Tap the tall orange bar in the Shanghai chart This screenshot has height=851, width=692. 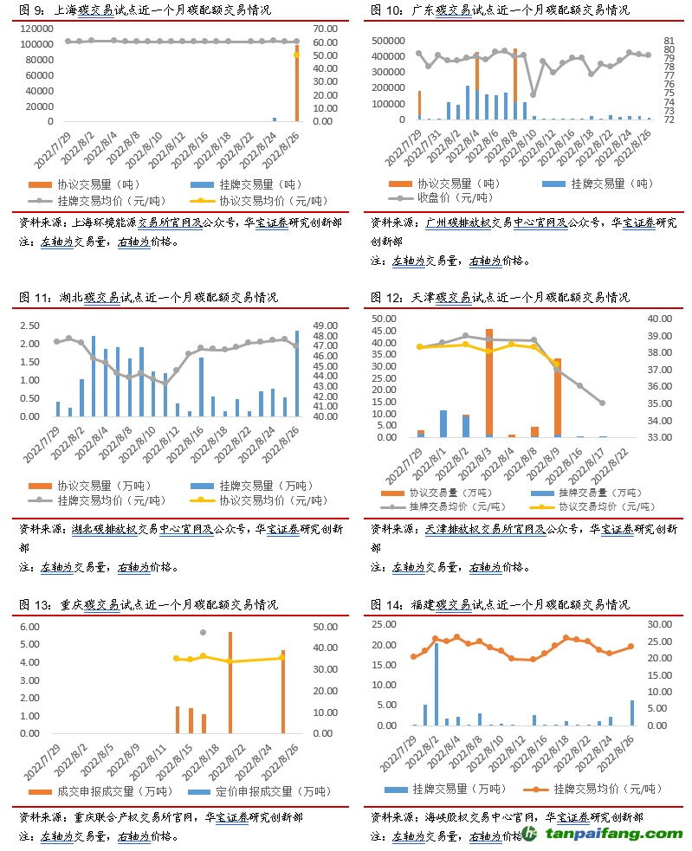297,87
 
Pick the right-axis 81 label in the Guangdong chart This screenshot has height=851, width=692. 669,41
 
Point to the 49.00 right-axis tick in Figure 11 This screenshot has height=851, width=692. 325,326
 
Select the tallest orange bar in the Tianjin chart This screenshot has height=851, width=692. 489,381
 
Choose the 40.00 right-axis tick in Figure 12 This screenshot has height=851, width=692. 657,319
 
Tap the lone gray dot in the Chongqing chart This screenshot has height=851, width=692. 204,633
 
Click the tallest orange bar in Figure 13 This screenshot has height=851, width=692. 230,682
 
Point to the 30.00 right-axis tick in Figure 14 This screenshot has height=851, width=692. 657,624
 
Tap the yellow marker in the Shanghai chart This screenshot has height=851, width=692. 296,55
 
